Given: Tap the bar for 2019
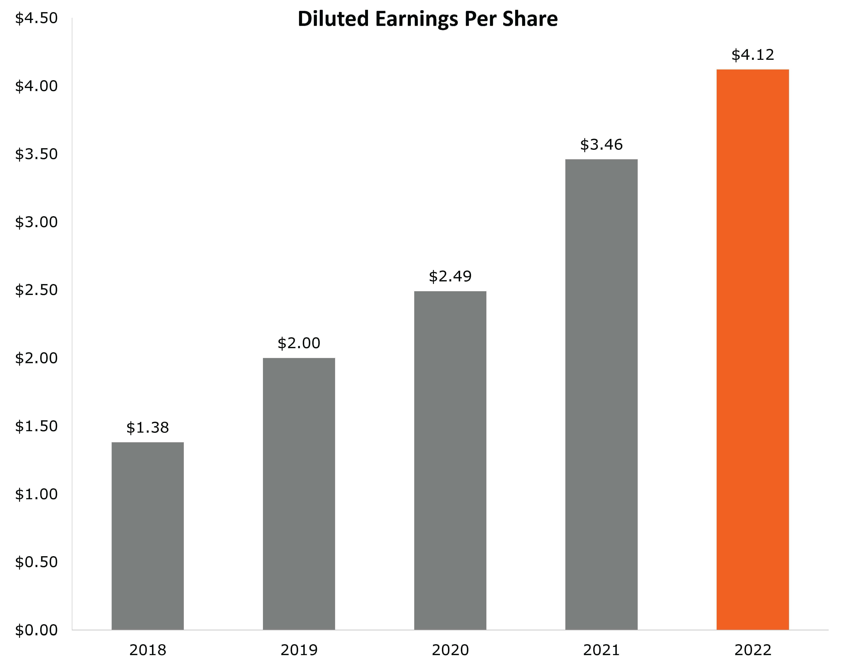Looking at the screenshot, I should click(x=299, y=493).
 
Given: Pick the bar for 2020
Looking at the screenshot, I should click(x=450, y=460).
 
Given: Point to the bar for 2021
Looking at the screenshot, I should click(x=601, y=394).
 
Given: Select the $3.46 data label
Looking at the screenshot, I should click(x=601, y=145).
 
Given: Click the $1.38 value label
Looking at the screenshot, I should click(x=147, y=428).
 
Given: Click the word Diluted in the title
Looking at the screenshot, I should click(x=333, y=19).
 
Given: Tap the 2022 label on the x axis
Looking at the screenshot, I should click(x=752, y=650).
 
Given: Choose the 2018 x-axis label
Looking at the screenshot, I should click(x=147, y=650).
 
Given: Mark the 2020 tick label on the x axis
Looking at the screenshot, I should click(x=450, y=650).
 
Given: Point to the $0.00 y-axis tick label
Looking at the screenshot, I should click(x=36, y=630).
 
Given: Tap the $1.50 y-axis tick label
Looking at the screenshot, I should click(x=36, y=426).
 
